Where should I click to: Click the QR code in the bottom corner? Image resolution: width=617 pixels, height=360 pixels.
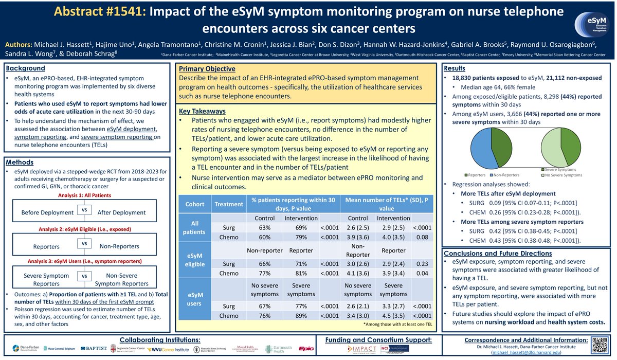(601, 346)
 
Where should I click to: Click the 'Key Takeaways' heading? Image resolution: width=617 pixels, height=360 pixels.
(203, 111)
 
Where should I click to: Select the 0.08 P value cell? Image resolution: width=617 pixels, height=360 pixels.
(422, 237)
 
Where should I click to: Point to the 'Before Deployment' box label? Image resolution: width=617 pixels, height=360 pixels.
(47, 212)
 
